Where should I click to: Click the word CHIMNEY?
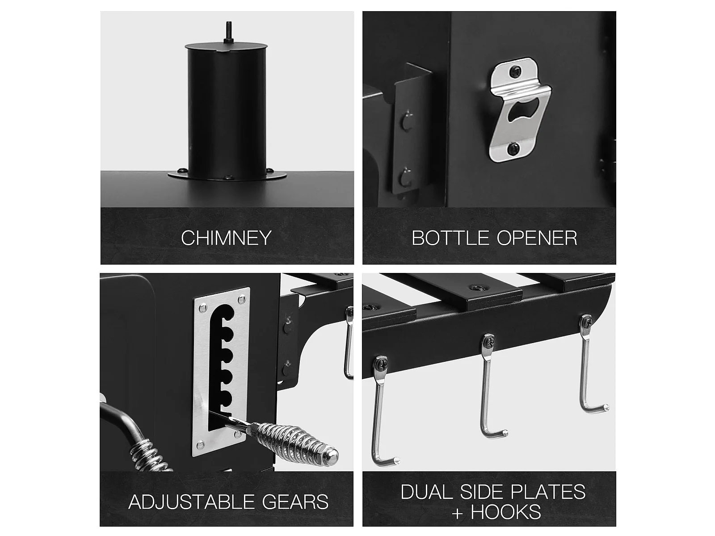pos(226,238)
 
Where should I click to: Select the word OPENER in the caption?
pos(537,238)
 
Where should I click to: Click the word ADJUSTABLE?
pos(192,502)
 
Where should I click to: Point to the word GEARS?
pos(295,502)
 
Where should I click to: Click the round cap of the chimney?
pos(227,46)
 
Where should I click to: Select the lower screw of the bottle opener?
pos(514,148)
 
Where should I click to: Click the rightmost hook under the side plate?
pos(589,364)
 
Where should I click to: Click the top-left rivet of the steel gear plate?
pos(203,306)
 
